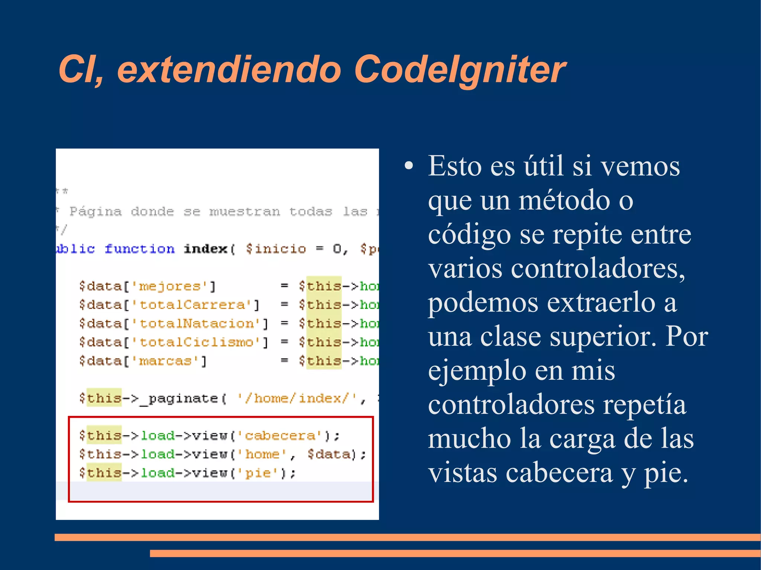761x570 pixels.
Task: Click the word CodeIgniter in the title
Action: pyautogui.click(x=460, y=69)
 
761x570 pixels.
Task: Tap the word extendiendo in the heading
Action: pyautogui.click(x=229, y=69)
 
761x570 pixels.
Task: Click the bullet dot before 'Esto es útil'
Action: pyautogui.click(x=409, y=166)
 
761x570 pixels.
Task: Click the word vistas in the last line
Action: pyautogui.click(x=463, y=473)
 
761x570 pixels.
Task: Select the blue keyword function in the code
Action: pyautogui.click(x=139, y=249)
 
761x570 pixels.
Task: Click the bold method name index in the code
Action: pyautogui.click(x=205, y=249)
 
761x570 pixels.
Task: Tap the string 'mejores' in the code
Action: pyautogui.click(x=169, y=286)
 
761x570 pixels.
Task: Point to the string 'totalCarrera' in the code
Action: pyautogui.click(x=192, y=305)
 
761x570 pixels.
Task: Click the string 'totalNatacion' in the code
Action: pyautogui.click(x=197, y=323)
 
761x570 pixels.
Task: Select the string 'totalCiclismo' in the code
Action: pyautogui.click(x=197, y=342)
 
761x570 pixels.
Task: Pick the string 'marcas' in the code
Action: pyautogui.click(x=165, y=361)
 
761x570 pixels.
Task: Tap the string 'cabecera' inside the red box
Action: pyautogui.click(x=280, y=436)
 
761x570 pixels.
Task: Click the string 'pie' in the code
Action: pyautogui.click(x=258, y=473)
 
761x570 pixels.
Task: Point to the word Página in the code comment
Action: pyautogui.click(x=95, y=212)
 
